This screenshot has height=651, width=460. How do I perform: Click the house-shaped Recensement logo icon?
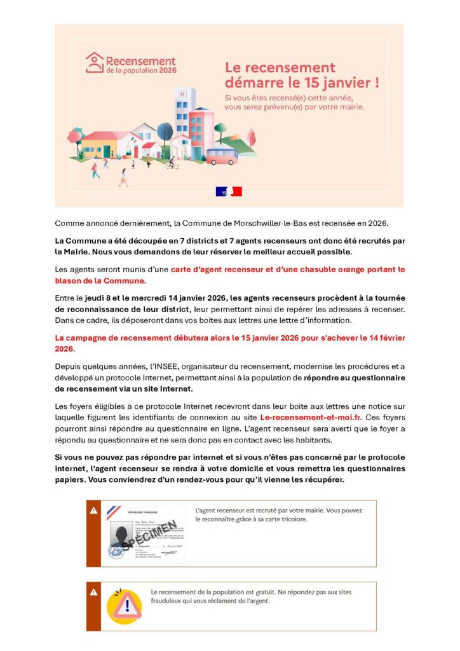pyautogui.click(x=95, y=62)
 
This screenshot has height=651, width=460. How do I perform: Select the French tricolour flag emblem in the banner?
pyautogui.click(x=229, y=191)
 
